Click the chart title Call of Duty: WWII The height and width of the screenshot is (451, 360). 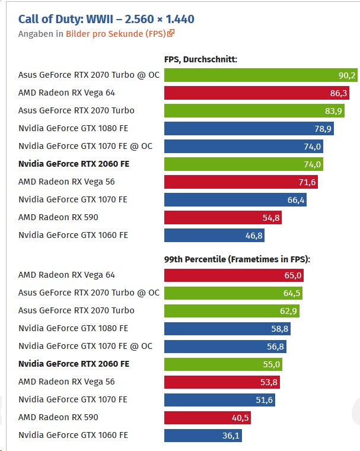point(106,20)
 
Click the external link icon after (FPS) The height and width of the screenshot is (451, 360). point(171,34)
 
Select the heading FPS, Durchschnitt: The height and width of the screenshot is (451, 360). point(200,59)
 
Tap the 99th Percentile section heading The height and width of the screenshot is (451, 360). point(237,259)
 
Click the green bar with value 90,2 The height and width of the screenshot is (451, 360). point(261,75)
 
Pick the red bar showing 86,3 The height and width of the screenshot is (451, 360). point(256,93)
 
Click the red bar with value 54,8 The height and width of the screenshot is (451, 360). point(222,218)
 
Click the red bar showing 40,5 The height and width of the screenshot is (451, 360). point(208,418)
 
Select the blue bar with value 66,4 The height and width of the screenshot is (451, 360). point(235,200)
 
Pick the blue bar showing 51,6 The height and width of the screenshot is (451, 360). point(219,400)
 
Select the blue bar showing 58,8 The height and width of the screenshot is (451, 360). point(227,329)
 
